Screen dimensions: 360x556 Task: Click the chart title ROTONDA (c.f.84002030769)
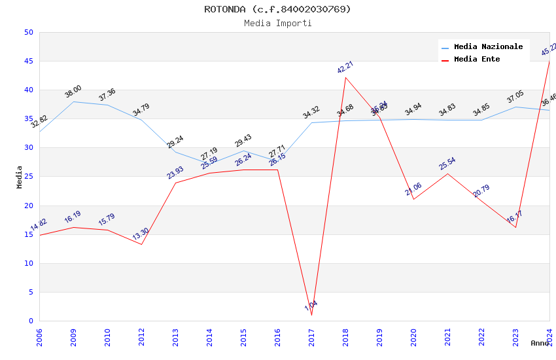[x=277, y=9]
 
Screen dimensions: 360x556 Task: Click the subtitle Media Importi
[x=277, y=24]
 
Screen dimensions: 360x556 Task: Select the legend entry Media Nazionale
[x=488, y=47]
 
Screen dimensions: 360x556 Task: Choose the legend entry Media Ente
[x=477, y=60]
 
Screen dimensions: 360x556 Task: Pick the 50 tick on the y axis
[x=28, y=33]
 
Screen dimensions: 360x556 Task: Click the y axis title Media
[x=20, y=177]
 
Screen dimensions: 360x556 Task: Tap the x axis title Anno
[x=540, y=343]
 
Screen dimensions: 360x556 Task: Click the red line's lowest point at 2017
[x=311, y=315]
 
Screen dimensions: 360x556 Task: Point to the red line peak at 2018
[x=345, y=77]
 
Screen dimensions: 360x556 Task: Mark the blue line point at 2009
[x=73, y=101]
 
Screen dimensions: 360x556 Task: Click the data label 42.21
[x=345, y=67]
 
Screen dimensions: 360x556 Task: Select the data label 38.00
[x=73, y=92]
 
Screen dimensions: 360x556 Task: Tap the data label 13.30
[x=141, y=234]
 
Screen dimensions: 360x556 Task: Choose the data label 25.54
[x=447, y=164]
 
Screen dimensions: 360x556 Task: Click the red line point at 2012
[x=141, y=244]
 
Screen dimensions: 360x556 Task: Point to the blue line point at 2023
[x=515, y=107]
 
